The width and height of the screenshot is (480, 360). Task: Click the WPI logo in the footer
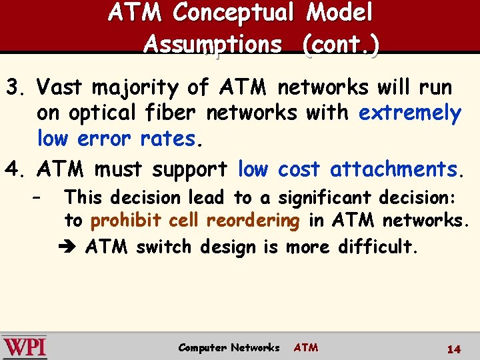(25, 347)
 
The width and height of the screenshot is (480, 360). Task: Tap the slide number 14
(454, 349)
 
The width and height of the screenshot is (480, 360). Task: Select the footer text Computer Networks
(229, 347)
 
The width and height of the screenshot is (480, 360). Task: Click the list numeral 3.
(13, 87)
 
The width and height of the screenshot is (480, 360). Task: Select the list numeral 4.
(13, 169)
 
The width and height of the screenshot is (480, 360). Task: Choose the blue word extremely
(409, 113)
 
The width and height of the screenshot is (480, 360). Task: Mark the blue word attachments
(397, 169)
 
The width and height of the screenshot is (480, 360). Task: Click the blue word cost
(299, 169)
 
